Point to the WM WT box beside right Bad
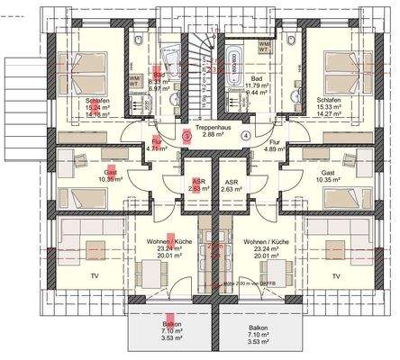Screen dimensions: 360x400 (x=289, y=44)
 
